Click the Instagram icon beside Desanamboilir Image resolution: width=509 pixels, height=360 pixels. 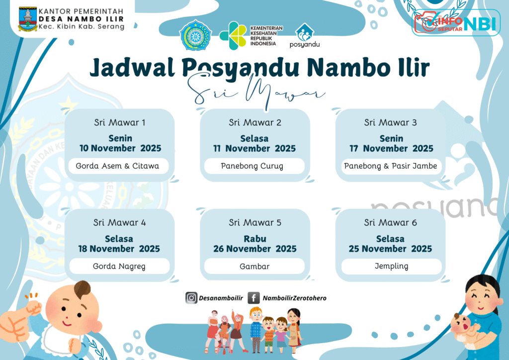(x=191, y=298)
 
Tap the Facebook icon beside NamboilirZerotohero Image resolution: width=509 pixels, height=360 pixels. (x=254, y=298)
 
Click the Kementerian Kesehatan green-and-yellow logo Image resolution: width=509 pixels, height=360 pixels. (x=233, y=36)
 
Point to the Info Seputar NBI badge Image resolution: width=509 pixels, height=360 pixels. (x=456, y=22)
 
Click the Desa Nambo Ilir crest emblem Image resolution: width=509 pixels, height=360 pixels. (x=28, y=19)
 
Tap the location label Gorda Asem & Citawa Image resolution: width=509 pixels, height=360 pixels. (x=117, y=166)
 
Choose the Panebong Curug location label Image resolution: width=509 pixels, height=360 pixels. (x=252, y=166)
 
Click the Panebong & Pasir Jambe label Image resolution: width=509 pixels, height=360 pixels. (x=391, y=166)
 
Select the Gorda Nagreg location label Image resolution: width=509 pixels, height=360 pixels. (x=119, y=267)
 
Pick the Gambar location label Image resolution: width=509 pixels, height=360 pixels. (x=254, y=267)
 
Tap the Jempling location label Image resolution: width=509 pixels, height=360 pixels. (x=392, y=266)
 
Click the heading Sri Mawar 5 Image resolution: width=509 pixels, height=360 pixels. (x=255, y=222)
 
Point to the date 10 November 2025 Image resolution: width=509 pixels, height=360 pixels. (x=120, y=148)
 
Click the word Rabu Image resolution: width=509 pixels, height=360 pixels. (x=255, y=239)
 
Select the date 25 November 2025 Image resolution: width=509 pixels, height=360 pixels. (x=390, y=249)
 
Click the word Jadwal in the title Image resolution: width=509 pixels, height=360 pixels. (x=132, y=67)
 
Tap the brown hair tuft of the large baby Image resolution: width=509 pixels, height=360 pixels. (x=83, y=289)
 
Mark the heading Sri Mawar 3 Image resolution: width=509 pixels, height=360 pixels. (x=390, y=122)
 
